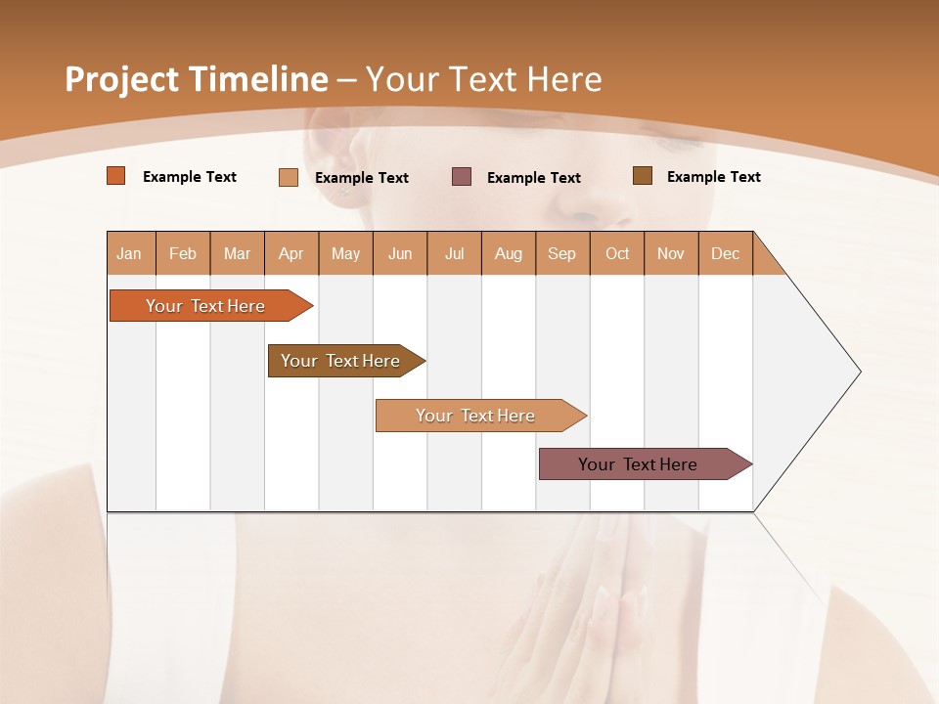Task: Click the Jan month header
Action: point(130,253)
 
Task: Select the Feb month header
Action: point(183,253)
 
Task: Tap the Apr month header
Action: point(291,253)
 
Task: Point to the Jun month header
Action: point(400,253)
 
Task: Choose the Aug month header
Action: point(508,253)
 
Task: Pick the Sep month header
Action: point(561,253)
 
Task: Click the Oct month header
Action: point(617,253)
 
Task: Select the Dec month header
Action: point(725,253)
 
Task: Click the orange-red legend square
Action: point(116,176)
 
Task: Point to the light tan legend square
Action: point(289,177)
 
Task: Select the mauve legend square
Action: point(462,177)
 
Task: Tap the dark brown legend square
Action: point(643,176)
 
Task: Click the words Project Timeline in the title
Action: point(196,79)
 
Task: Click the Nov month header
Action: point(671,253)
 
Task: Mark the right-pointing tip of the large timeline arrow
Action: point(859,372)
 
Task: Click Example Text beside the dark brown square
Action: point(713,177)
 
